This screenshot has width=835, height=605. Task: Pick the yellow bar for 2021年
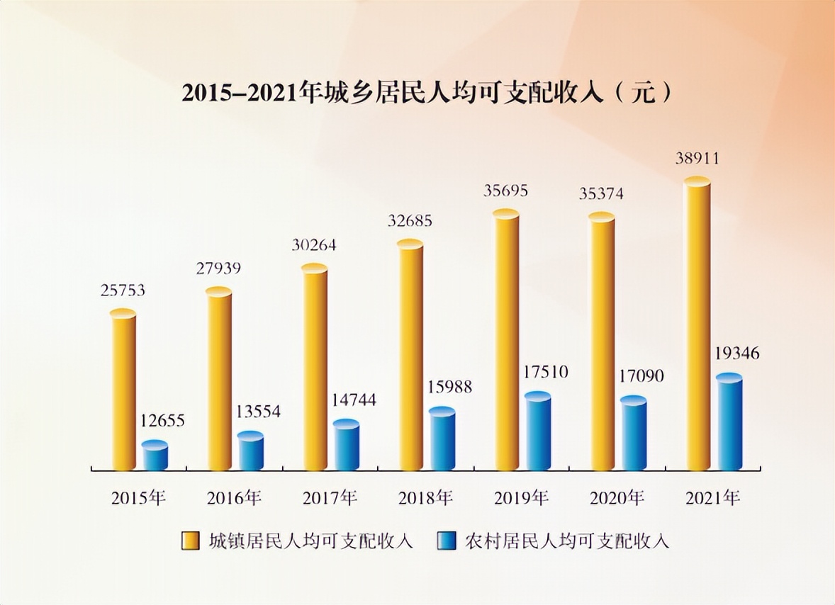[x=697, y=326]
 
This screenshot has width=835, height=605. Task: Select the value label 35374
[x=600, y=193]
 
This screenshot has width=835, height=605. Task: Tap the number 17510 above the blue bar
[x=545, y=373]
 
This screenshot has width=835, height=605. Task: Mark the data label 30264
[x=313, y=245]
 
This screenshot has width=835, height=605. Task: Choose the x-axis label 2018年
[x=425, y=498]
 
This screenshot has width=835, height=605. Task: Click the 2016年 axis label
[x=234, y=498]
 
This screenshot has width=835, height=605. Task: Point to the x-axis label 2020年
[x=617, y=498]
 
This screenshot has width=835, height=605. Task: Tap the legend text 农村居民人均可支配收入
[x=567, y=541]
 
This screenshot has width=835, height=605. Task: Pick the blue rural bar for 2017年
[x=347, y=446]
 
